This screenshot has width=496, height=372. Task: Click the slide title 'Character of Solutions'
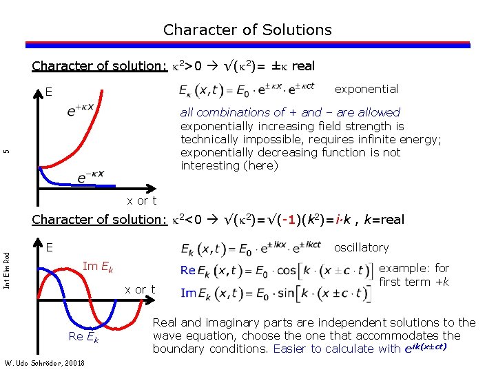(x=247, y=30)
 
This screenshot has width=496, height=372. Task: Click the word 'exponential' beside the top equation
(x=366, y=89)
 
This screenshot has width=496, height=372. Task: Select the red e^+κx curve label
(x=81, y=110)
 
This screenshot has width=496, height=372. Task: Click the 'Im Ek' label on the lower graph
(x=97, y=267)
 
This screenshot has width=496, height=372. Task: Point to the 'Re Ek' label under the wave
(x=84, y=336)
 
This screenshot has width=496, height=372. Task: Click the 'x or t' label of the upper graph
(x=142, y=200)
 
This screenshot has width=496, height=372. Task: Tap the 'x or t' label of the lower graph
(x=140, y=289)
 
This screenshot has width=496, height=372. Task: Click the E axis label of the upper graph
(x=49, y=92)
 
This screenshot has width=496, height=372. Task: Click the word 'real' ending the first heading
(x=303, y=66)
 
